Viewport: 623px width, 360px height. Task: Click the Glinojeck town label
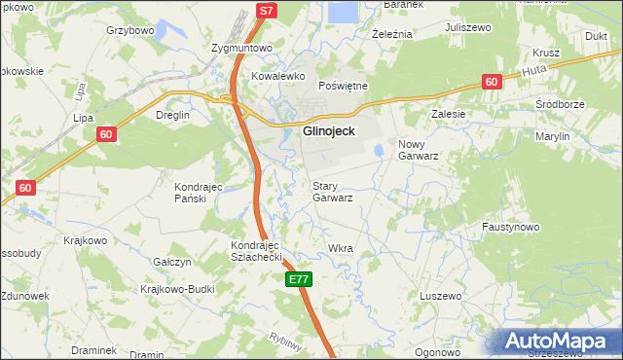click(328, 130)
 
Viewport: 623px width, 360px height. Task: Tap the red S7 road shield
click(267, 10)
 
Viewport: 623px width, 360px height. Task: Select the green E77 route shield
click(299, 280)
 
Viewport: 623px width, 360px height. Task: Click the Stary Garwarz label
click(332, 191)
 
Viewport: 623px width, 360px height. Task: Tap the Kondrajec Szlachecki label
click(256, 251)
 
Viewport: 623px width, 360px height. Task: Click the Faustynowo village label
click(510, 227)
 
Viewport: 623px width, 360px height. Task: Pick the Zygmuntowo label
click(238, 47)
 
